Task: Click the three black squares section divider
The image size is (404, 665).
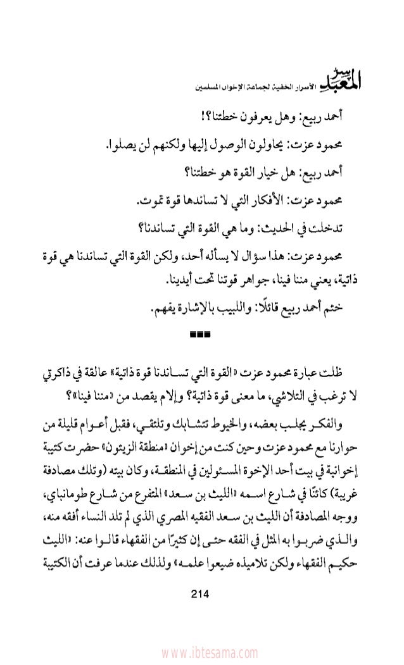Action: pos(201,332)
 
